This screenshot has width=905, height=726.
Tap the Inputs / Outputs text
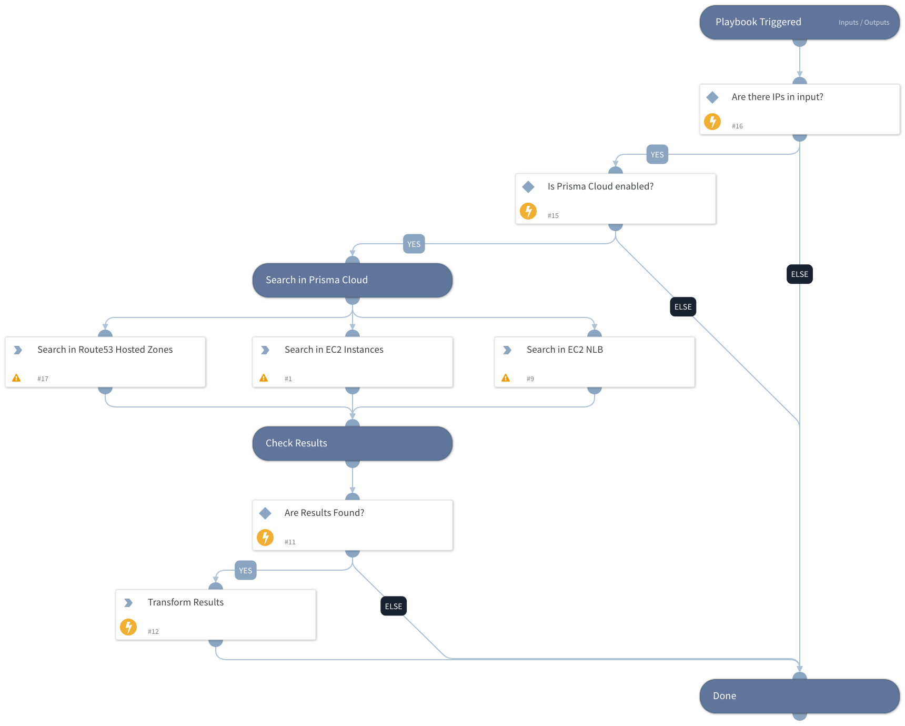(x=863, y=23)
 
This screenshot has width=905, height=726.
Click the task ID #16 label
(x=737, y=126)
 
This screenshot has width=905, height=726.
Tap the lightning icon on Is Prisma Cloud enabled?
(x=528, y=211)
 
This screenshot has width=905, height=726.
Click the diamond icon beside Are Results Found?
(x=265, y=513)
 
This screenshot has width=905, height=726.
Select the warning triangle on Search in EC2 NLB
(x=506, y=378)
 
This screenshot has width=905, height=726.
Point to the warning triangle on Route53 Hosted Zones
(x=16, y=378)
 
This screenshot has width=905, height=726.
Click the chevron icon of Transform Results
(x=128, y=602)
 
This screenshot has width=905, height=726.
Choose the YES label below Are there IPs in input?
(x=657, y=155)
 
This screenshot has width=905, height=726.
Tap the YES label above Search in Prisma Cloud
(x=414, y=244)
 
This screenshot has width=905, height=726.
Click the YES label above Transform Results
(x=245, y=571)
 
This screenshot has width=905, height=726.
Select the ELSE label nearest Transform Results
(x=393, y=606)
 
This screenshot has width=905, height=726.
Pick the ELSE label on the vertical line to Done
(x=799, y=274)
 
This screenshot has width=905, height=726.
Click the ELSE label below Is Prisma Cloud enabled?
(x=682, y=307)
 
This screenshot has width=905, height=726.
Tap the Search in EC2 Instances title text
(x=334, y=350)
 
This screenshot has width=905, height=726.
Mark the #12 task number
(x=153, y=632)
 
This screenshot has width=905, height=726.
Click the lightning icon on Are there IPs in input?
(x=712, y=122)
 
